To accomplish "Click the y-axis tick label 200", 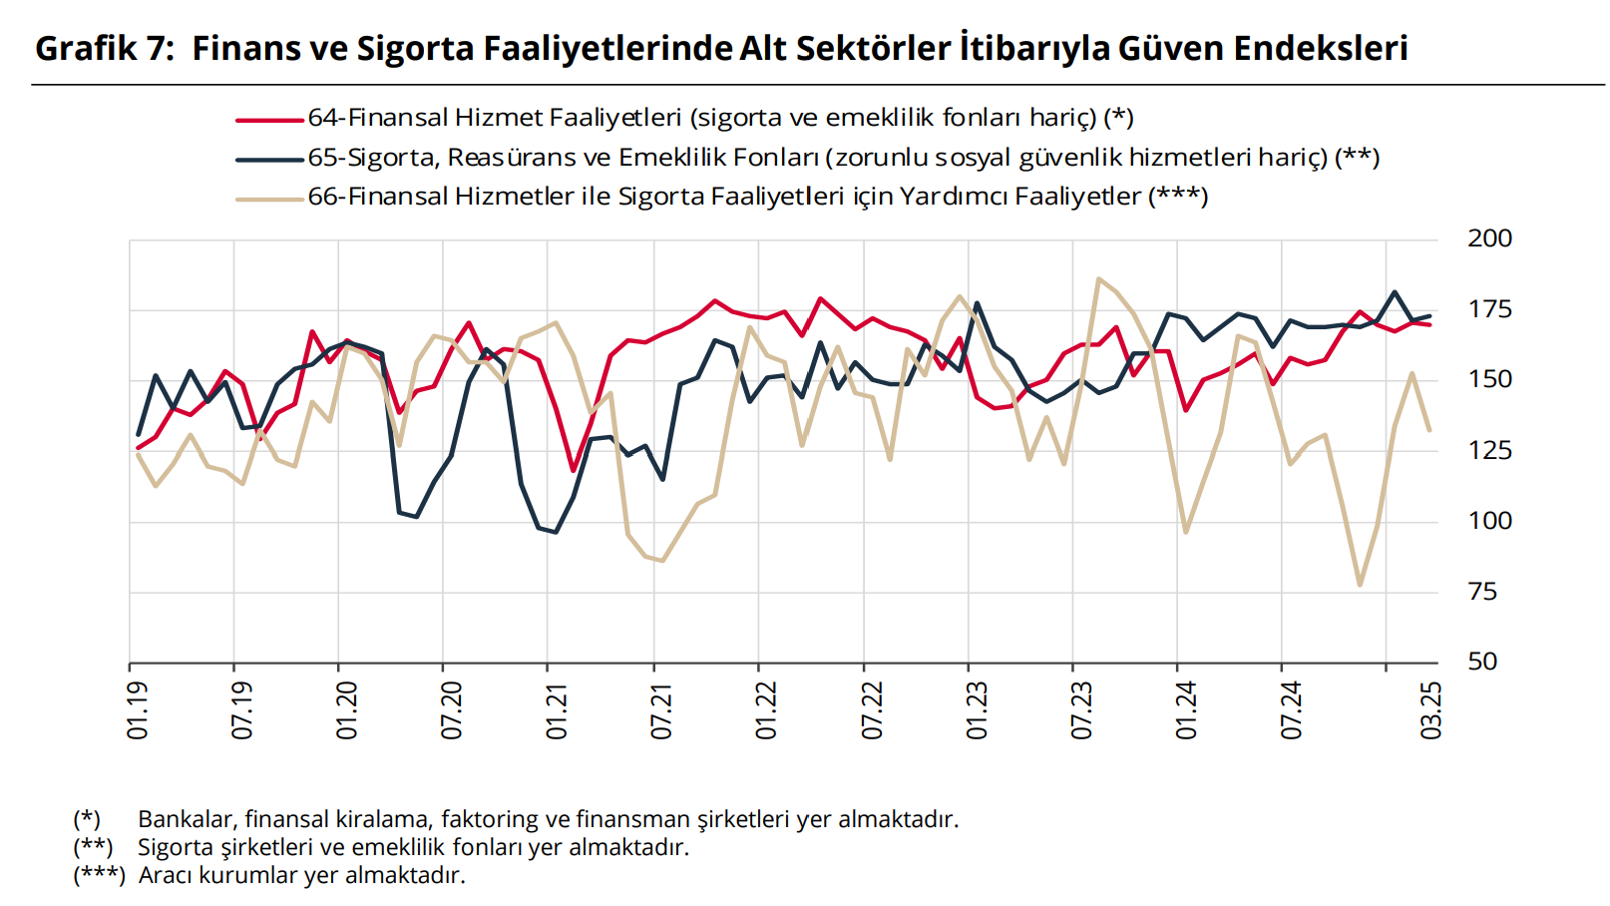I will click(1489, 238).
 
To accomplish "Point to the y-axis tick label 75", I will click(1482, 592).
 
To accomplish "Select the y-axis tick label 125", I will click(1489, 450).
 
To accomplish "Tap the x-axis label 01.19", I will click(138, 710).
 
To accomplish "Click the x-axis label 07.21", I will click(661, 710).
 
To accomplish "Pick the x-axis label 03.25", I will click(1431, 710).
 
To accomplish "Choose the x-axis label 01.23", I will click(977, 710).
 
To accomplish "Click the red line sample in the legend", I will click(269, 120).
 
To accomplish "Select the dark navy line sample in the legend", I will click(269, 159).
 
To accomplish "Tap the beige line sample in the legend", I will click(269, 199).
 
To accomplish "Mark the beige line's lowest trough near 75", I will click(1360, 584).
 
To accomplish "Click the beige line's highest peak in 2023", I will click(1098, 279).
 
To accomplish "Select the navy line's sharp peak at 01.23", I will click(977, 303).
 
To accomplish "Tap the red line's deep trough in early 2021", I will click(574, 470).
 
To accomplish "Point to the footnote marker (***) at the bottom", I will click(99, 875).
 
